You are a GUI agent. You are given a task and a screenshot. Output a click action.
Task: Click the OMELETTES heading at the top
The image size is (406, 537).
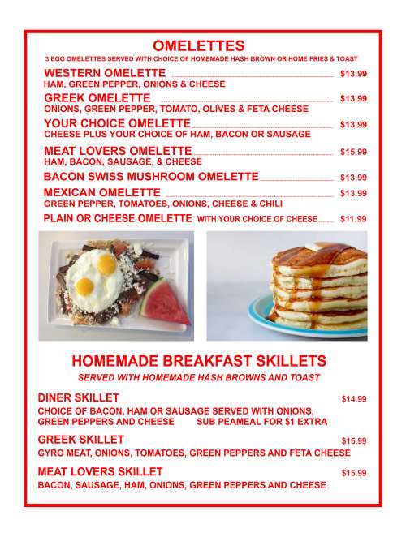point(198,45)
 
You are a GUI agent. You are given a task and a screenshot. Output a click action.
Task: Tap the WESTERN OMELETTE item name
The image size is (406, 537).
point(99,73)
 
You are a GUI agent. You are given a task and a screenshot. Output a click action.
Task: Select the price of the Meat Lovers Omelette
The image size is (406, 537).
point(353,152)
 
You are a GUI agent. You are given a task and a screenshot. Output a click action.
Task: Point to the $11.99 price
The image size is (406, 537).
point(353,219)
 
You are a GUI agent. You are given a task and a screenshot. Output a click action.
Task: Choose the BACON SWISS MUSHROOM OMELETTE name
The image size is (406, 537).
point(150,176)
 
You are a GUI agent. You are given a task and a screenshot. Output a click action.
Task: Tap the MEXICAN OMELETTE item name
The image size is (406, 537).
point(102,192)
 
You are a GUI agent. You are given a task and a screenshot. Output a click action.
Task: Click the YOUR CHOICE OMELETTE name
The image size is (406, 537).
point(116,123)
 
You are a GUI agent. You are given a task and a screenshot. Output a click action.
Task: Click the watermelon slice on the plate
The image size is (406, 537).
point(166,303)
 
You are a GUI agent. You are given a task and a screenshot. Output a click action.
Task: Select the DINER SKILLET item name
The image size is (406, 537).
point(79,397)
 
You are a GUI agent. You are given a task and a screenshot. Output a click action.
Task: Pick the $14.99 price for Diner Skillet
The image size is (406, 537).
point(353,399)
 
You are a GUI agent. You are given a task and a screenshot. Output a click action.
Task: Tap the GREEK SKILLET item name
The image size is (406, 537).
point(80,439)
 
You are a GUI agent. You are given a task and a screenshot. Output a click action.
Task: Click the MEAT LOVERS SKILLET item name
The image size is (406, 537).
point(100,471)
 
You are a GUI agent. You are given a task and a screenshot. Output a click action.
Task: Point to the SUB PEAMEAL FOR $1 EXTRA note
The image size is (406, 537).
point(261,422)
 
